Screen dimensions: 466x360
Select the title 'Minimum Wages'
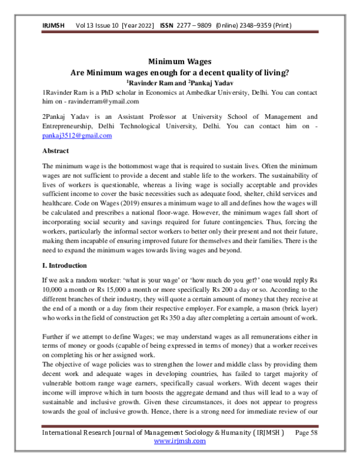click(179, 61)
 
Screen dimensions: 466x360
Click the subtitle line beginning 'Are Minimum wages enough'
click(180, 72)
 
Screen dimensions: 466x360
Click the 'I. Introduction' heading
click(65, 265)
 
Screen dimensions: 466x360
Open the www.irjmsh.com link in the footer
click(180, 440)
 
